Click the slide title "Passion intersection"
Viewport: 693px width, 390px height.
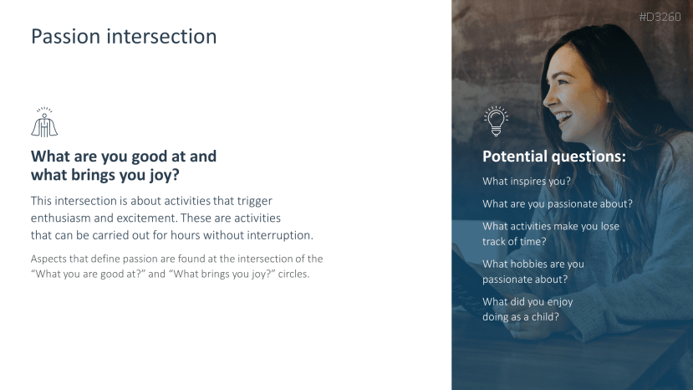(124, 36)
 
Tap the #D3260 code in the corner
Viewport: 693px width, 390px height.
(660, 17)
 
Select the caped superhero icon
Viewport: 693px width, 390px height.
(44, 122)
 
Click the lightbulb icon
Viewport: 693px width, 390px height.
(496, 121)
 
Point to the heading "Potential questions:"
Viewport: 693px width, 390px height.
(554, 157)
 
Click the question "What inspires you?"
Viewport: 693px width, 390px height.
(527, 181)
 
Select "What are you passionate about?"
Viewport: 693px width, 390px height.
(558, 203)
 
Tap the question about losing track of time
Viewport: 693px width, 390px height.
(551, 233)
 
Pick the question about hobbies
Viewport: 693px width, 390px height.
(533, 271)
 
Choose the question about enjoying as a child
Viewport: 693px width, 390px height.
(527, 309)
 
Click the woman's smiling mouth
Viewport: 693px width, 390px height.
(563, 117)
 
